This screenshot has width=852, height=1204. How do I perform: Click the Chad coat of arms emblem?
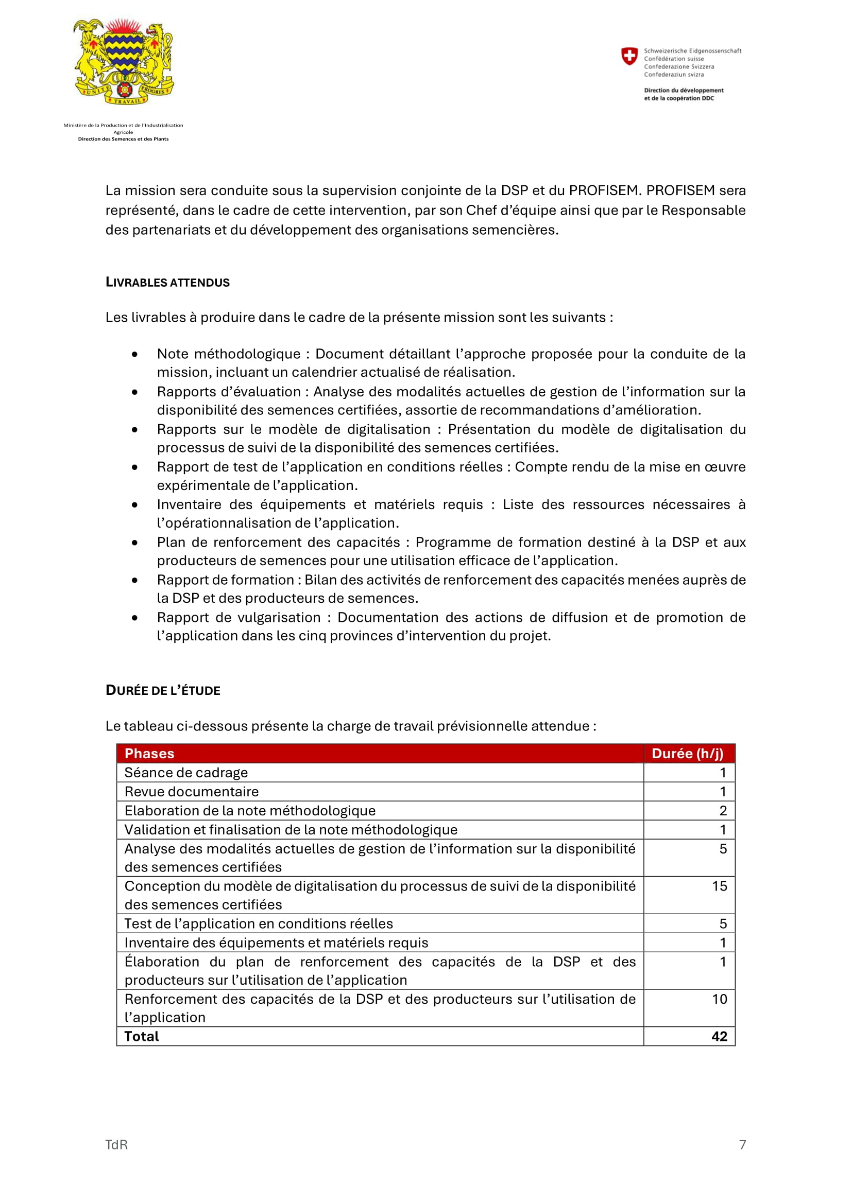pyautogui.click(x=123, y=62)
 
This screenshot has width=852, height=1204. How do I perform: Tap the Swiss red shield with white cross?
pyautogui.click(x=629, y=56)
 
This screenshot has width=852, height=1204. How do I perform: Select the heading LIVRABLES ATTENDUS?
pyautogui.click(x=167, y=283)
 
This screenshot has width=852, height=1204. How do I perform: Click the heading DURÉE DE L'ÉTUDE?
pyautogui.click(x=163, y=691)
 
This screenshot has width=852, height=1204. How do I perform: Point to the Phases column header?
pyautogui.click(x=149, y=754)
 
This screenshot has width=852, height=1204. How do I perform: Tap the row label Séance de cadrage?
pyautogui.click(x=186, y=773)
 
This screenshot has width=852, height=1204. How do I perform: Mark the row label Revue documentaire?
pyautogui.click(x=192, y=791)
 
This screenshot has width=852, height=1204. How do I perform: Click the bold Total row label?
pyautogui.click(x=141, y=1036)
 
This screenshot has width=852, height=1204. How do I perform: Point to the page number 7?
pyautogui.click(x=742, y=1145)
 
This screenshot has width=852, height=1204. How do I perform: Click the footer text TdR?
pyautogui.click(x=116, y=1145)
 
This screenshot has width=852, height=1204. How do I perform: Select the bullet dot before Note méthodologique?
pyautogui.click(x=135, y=355)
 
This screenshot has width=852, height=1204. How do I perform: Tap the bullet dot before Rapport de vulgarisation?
pyautogui.click(x=135, y=618)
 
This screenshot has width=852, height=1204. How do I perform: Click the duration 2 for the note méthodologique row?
pyautogui.click(x=722, y=811)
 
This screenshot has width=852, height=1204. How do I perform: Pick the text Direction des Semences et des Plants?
pyautogui.click(x=123, y=139)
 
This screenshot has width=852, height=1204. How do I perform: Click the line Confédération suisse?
pyautogui.click(x=674, y=59)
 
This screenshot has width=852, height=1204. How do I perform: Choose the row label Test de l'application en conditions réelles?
pyautogui.click(x=258, y=923)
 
